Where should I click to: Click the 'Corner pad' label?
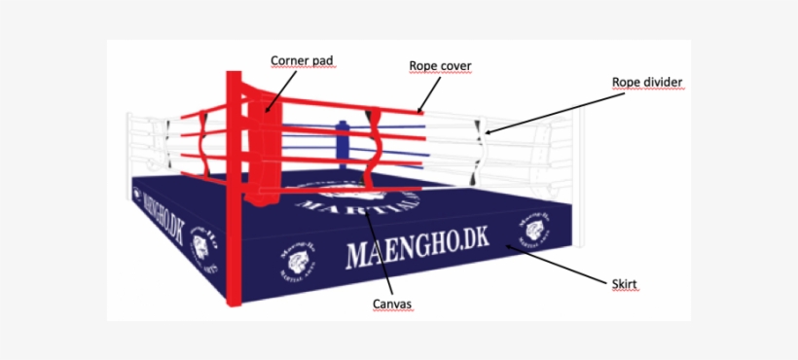point(301,60)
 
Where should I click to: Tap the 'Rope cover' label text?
point(440,66)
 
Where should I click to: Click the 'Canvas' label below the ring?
point(392,305)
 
